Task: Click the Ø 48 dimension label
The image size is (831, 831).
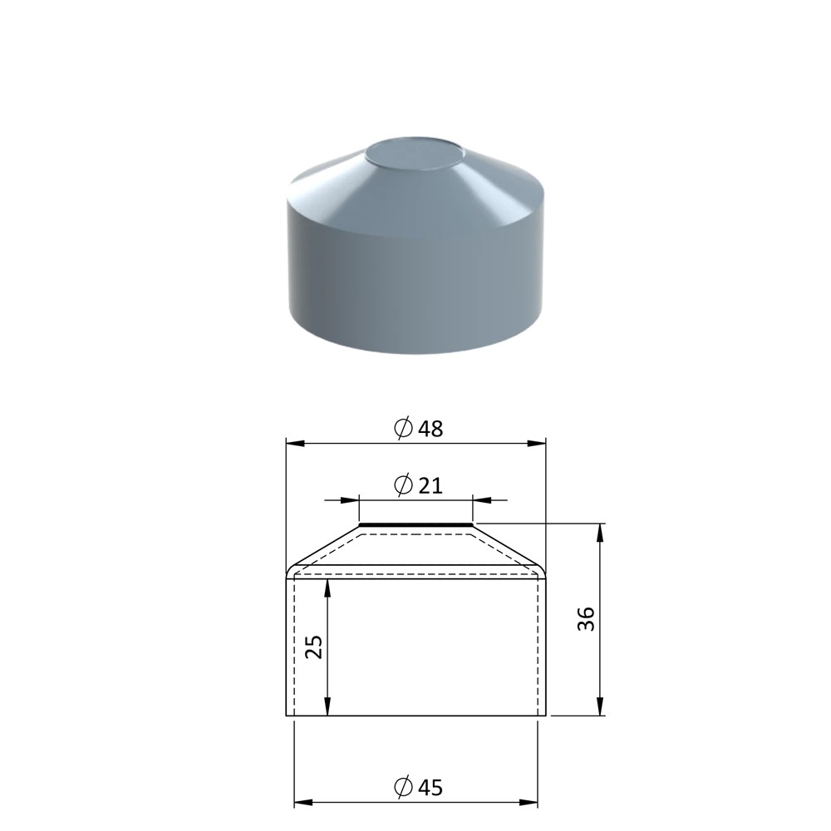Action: (418, 428)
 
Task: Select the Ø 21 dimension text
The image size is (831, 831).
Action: (418, 485)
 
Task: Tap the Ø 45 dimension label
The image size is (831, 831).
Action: (418, 787)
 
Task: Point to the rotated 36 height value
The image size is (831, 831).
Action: (586, 618)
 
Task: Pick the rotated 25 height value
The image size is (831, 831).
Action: (314, 647)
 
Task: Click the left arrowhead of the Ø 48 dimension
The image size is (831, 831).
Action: (295, 443)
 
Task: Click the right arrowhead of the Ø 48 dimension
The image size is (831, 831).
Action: (537, 443)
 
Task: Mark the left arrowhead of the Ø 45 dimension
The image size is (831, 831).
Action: (302, 803)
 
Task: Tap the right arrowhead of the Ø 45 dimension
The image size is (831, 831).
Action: (529, 803)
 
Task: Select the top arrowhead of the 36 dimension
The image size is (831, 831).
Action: (600, 533)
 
